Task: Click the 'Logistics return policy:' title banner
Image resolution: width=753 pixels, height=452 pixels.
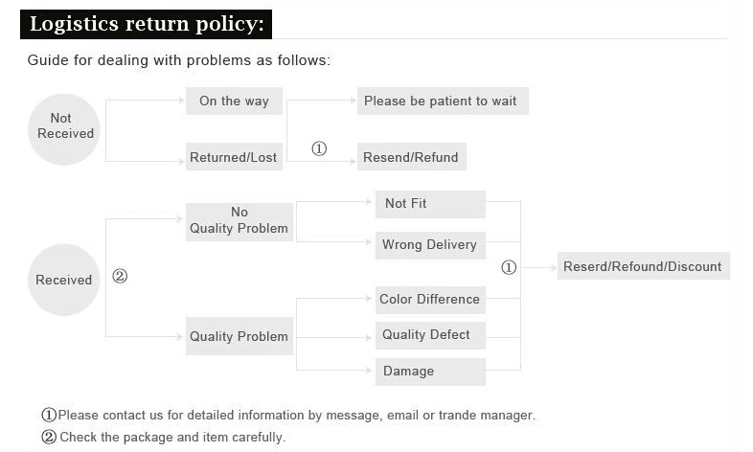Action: [146, 24]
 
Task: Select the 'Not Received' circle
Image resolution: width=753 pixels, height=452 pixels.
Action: [64, 129]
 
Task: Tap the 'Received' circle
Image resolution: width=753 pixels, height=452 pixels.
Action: [64, 280]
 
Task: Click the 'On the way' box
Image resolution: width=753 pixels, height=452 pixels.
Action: [234, 102]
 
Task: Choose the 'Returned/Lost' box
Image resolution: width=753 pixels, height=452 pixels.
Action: [234, 157]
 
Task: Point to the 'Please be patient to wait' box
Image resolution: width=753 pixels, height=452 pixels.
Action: [443, 102]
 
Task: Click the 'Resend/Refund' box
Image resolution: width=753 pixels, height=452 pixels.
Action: [412, 157]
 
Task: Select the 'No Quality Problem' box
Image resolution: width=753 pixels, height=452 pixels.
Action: [240, 221]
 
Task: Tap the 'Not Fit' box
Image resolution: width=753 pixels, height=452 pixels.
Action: [430, 204]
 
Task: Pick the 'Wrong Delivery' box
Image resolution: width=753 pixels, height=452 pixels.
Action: [430, 245]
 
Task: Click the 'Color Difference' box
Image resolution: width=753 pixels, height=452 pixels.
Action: [430, 300]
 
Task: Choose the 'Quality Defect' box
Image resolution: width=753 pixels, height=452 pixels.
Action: [430, 335]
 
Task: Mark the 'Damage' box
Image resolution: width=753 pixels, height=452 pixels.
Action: [430, 372]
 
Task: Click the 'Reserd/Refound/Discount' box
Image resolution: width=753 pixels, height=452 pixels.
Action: [644, 266]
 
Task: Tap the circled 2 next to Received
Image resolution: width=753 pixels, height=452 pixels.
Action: [120, 276]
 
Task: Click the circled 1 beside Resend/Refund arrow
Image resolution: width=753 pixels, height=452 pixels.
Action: [319, 148]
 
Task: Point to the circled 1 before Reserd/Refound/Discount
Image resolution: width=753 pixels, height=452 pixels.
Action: [509, 267]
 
